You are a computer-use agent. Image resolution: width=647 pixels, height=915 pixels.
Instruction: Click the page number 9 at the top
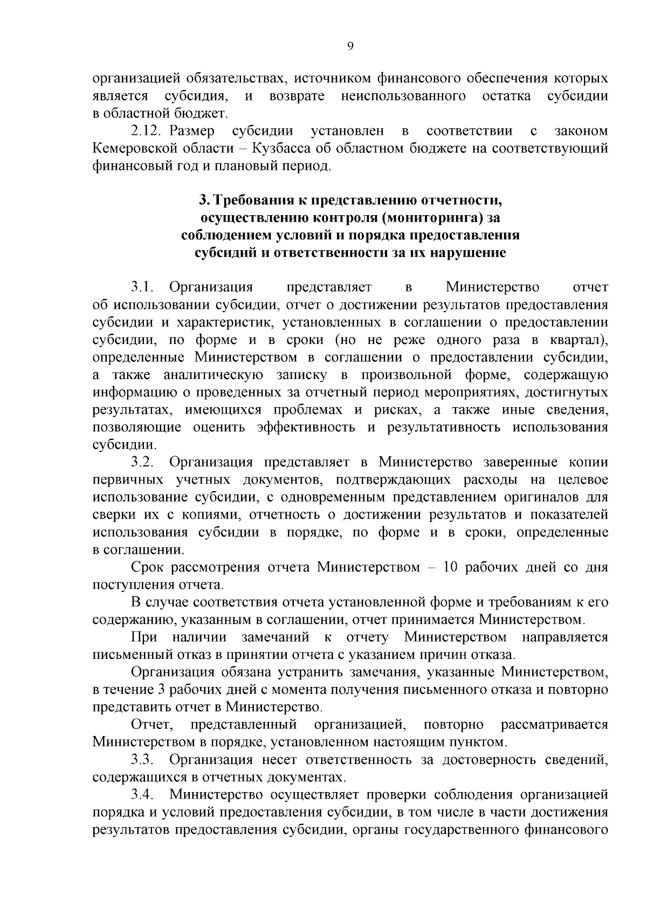350,47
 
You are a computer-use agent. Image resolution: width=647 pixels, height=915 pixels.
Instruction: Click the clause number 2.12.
146,131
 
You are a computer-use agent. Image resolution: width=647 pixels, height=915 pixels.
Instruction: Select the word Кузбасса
283,148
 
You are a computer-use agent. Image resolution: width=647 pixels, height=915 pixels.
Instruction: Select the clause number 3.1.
143,287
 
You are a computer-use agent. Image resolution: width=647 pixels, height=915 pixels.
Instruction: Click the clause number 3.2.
143,463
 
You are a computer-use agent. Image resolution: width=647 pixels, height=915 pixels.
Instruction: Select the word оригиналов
544,497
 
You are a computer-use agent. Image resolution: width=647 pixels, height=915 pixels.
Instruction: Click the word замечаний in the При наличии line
276,637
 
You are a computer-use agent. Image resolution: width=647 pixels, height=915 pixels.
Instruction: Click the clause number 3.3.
143,760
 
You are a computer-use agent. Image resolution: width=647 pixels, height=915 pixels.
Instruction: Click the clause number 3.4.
143,795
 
